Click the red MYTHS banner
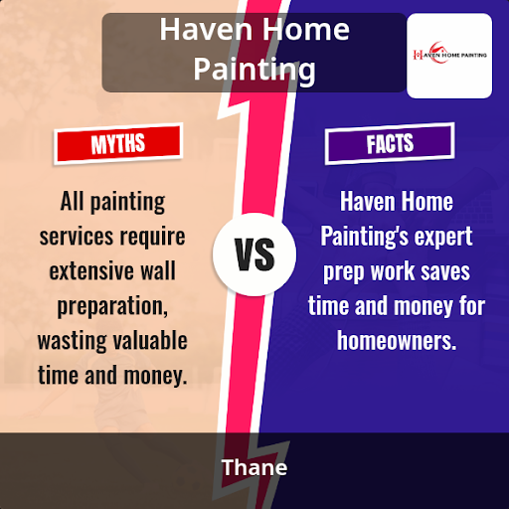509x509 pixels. coord(118,143)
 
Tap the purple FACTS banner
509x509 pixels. coord(390,143)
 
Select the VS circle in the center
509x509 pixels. coord(254,254)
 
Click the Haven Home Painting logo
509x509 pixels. coord(449,56)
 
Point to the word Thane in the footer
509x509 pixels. coord(254,467)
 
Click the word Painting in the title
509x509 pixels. coord(254,70)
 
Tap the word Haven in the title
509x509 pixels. coord(206,30)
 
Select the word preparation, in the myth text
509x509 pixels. coord(112,306)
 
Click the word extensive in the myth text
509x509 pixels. coord(90,271)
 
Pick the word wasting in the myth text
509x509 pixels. coord(72,341)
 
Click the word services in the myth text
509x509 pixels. coord(77,237)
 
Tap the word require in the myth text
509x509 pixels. coord(152,238)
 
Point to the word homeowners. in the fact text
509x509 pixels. coord(397,340)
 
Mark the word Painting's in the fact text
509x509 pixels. coord(364,238)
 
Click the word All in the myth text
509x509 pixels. coord(72,201)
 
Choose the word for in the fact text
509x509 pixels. coord(472,305)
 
